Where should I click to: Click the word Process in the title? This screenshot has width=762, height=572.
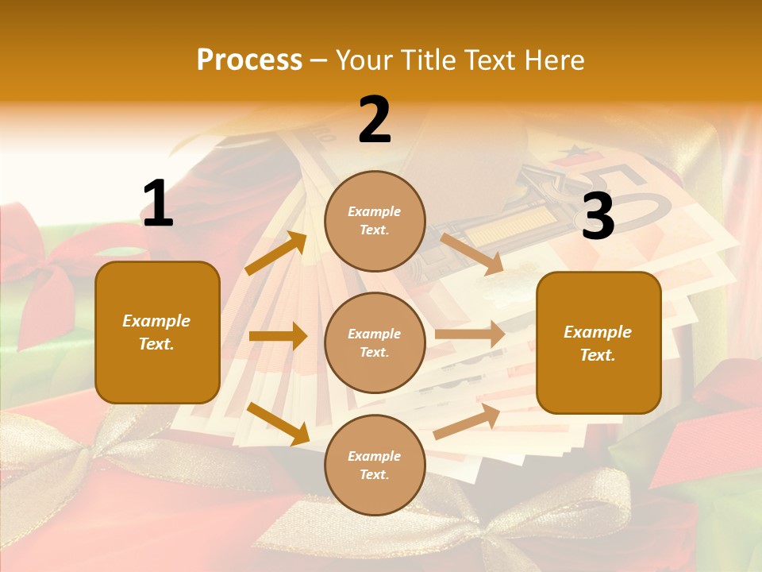(x=249, y=60)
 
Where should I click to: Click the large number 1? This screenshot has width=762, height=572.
(x=158, y=204)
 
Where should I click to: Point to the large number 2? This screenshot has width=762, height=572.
(x=375, y=120)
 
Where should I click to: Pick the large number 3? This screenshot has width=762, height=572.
(x=598, y=218)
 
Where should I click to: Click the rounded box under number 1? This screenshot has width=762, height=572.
(x=157, y=332)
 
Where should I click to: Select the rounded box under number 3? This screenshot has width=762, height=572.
(x=598, y=342)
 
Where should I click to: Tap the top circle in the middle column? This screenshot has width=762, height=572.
(x=375, y=221)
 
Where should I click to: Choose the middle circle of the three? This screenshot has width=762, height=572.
(x=375, y=342)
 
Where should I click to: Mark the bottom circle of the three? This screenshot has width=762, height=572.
(x=375, y=465)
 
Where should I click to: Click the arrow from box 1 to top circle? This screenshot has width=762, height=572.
(x=276, y=253)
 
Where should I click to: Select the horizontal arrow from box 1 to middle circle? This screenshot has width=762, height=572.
(x=278, y=336)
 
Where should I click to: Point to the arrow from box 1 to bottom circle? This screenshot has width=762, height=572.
(x=278, y=423)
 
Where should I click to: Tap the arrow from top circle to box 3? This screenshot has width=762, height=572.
(x=472, y=253)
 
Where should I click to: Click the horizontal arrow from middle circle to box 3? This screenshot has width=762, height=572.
(x=470, y=334)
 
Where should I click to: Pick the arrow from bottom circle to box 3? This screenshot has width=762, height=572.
(x=467, y=421)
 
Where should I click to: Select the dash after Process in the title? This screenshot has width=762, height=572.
(x=319, y=60)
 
